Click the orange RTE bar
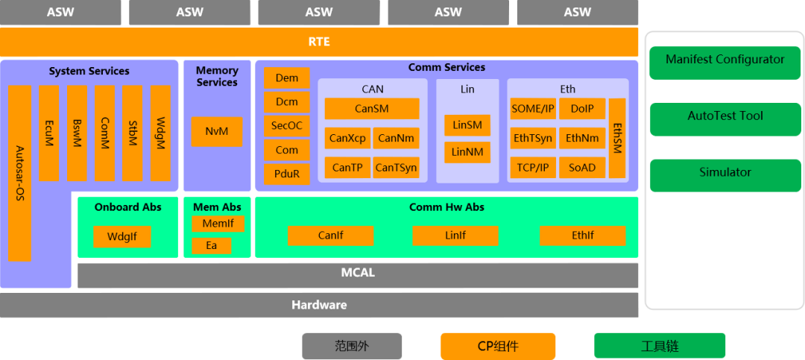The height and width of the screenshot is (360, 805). pyautogui.click(x=319, y=42)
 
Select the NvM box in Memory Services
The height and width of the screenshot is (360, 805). pyautogui.click(x=217, y=132)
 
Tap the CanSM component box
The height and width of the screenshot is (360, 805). pyautogui.click(x=371, y=109)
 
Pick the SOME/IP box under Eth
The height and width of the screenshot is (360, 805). pyautogui.click(x=533, y=109)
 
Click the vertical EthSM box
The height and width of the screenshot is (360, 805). pyautogui.click(x=617, y=139)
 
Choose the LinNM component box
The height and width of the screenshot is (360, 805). pyautogui.click(x=467, y=152)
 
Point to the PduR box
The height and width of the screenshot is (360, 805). pyautogui.click(x=286, y=174)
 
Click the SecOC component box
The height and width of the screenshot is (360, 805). pyautogui.click(x=286, y=126)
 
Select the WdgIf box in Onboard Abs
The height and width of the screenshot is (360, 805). pyautogui.click(x=122, y=237)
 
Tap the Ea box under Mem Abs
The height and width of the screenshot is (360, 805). pyautogui.click(x=212, y=245)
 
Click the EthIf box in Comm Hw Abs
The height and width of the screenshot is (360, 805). pyautogui.click(x=583, y=236)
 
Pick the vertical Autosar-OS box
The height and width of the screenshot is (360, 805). pyautogui.click(x=20, y=173)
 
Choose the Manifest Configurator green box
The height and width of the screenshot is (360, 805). pyautogui.click(x=724, y=60)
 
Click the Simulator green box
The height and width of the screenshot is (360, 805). pyautogui.click(x=724, y=173)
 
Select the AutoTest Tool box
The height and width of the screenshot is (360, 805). pyautogui.click(x=724, y=116)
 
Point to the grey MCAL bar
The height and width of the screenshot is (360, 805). pyautogui.click(x=358, y=274)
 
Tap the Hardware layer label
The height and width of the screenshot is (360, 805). pyautogui.click(x=319, y=305)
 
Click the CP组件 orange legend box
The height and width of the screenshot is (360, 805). pyautogui.click(x=498, y=347)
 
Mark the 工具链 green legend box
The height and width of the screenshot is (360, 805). pyautogui.click(x=660, y=347)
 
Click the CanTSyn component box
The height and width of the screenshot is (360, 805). pyautogui.click(x=396, y=168)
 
